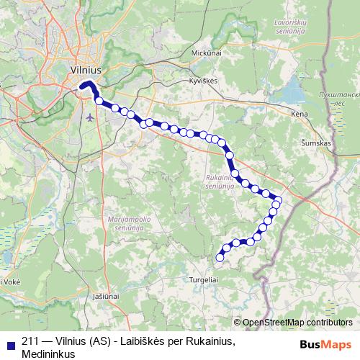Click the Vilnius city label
pos(86,71)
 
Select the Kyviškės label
pos(203,81)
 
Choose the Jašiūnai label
pos(106,296)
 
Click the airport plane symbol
pos(89,116)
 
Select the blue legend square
pos(9,343)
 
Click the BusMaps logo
pos(325,343)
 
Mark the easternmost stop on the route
pos(278,201)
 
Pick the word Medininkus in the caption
pos(49,354)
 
